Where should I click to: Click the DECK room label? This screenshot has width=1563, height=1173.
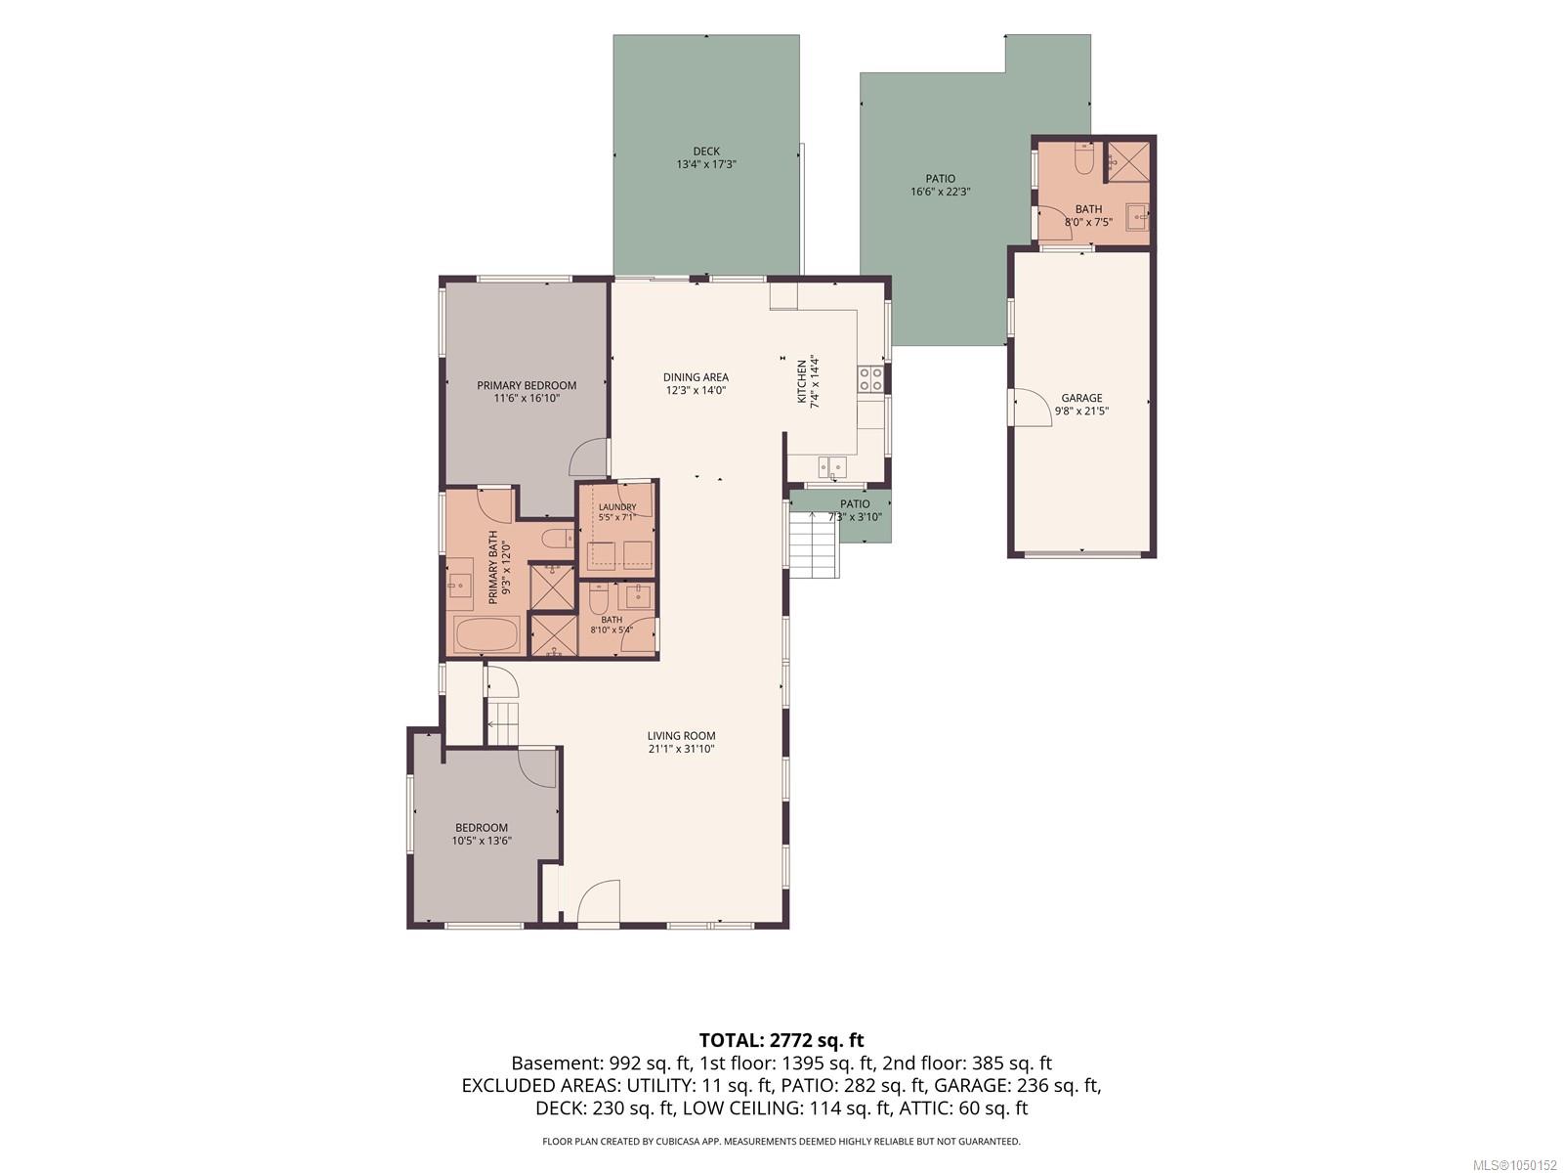point(705,151)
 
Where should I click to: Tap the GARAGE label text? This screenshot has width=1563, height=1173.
point(1081,398)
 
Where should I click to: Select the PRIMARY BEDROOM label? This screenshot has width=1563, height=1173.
point(527,385)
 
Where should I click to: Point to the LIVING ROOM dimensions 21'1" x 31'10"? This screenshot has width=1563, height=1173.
point(681,749)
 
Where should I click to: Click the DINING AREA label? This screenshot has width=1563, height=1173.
point(695,377)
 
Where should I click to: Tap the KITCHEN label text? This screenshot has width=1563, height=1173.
point(802,382)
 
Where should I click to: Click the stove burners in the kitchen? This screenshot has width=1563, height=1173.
point(870,379)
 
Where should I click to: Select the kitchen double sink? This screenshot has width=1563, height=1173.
point(831,467)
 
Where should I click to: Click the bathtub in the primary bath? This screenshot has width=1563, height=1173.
point(487,633)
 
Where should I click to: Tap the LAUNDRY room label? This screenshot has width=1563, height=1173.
point(616,507)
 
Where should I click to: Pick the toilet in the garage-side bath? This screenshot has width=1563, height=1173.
point(1083,158)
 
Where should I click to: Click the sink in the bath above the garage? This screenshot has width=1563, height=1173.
point(1136,216)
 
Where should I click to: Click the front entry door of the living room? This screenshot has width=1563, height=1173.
point(598,903)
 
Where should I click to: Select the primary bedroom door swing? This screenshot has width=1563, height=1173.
point(588,457)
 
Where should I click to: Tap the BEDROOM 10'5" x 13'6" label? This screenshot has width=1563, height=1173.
point(482,834)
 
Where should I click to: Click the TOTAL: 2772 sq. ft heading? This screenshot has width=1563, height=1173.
point(781,1040)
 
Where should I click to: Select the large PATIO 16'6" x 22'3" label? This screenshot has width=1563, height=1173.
point(940,185)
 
